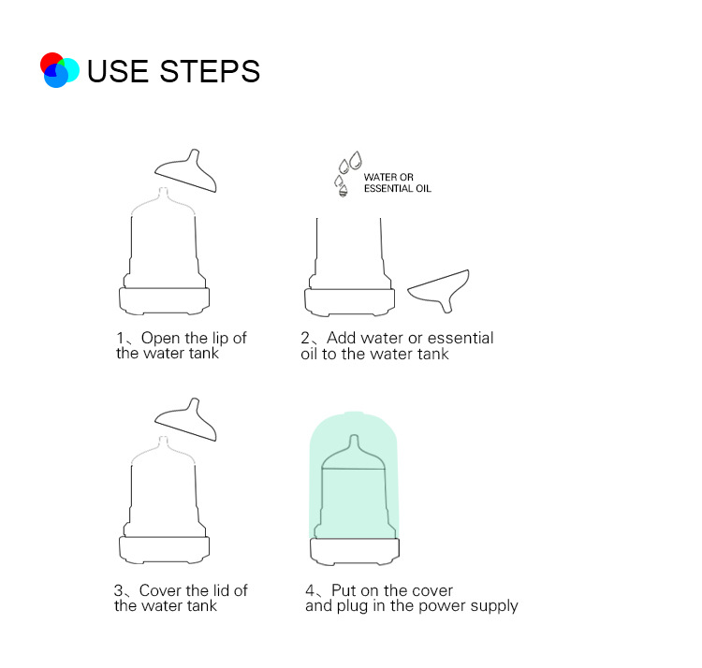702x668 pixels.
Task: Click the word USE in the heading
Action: click(x=118, y=71)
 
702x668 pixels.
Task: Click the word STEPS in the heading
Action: click(x=210, y=71)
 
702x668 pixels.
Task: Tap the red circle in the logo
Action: click(x=51, y=62)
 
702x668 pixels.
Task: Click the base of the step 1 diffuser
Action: click(x=165, y=301)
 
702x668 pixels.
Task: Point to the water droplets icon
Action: click(x=348, y=173)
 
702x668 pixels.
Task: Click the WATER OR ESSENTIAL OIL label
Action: click(x=398, y=183)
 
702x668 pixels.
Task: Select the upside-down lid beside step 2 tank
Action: click(x=439, y=289)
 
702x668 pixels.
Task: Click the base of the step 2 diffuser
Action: click(x=350, y=302)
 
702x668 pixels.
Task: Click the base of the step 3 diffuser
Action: click(x=165, y=550)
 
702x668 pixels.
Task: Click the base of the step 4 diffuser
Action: click(x=355, y=552)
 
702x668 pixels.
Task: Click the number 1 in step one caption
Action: click(x=121, y=338)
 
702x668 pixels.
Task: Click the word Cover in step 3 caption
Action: click(x=158, y=590)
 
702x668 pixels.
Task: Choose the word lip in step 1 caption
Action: click(x=220, y=339)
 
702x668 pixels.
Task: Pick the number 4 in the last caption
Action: click(x=310, y=590)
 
